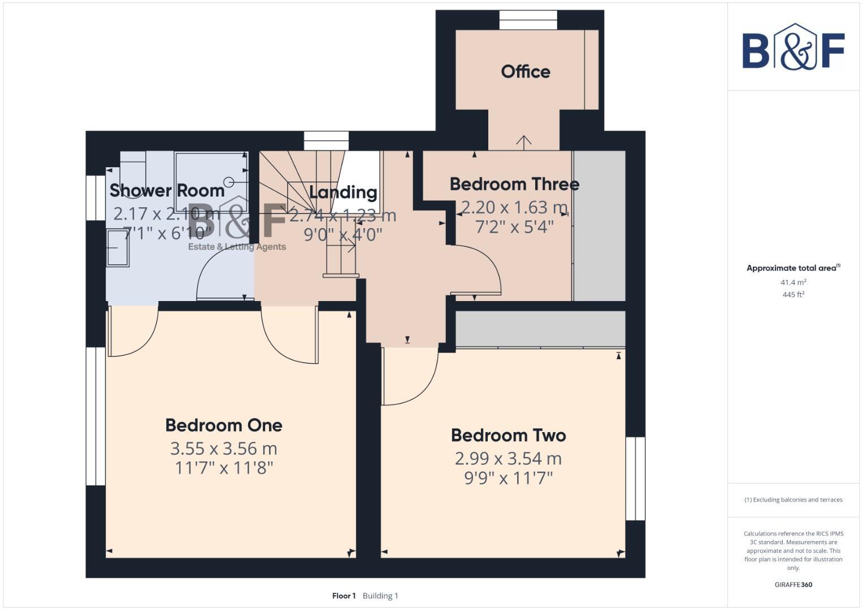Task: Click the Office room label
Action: pyautogui.click(x=525, y=72)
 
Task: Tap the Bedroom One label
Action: pyautogui.click(x=224, y=425)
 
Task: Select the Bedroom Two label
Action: pyautogui.click(x=508, y=435)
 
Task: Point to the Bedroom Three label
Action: pyautogui.click(x=514, y=184)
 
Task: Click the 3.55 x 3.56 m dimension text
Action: pyautogui.click(x=224, y=448)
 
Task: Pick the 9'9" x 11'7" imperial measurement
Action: pyautogui.click(x=508, y=478)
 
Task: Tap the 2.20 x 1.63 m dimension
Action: pyautogui.click(x=514, y=208)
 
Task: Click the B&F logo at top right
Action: pyautogui.click(x=793, y=47)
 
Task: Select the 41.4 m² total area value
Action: pyautogui.click(x=793, y=282)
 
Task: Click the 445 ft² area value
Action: pyautogui.click(x=793, y=295)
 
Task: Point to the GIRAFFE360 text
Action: pyautogui.click(x=793, y=585)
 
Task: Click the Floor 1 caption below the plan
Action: pyautogui.click(x=344, y=596)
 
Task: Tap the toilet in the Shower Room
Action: pyautogui.click(x=132, y=164)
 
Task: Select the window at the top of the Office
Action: pyautogui.click(x=528, y=20)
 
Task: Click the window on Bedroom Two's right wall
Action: pyautogui.click(x=635, y=478)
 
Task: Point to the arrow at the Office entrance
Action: pyautogui.click(x=524, y=142)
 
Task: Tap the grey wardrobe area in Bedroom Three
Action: pyautogui.click(x=600, y=226)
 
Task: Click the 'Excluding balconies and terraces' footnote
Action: pyautogui.click(x=793, y=500)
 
